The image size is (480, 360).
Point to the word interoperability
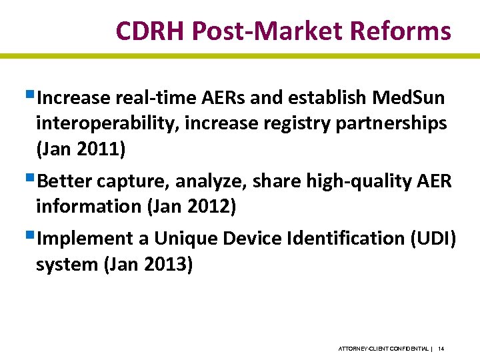(x=101, y=124)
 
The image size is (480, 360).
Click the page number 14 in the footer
(x=441, y=349)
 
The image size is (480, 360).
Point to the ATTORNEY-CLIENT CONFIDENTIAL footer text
(x=383, y=349)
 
